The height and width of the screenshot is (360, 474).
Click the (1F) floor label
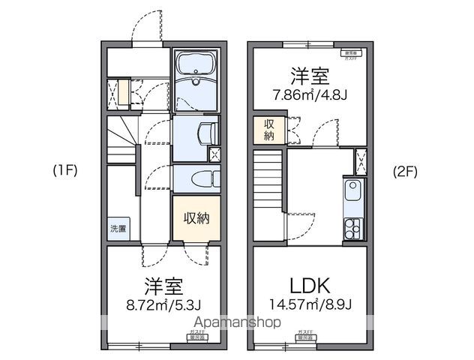point(64,170)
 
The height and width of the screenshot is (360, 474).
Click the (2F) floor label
point(404,170)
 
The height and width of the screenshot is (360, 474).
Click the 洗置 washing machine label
point(118,228)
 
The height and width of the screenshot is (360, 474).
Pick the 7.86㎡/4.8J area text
point(310,95)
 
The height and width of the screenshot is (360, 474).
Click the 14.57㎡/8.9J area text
point(311,304)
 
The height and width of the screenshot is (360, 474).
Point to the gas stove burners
point(352,228)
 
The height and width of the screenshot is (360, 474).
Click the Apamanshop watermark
point(236,322)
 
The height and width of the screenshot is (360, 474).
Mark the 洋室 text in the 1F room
point(163,286)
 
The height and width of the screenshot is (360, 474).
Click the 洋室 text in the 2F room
point(310,76)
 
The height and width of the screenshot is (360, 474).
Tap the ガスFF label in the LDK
point(306,331)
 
